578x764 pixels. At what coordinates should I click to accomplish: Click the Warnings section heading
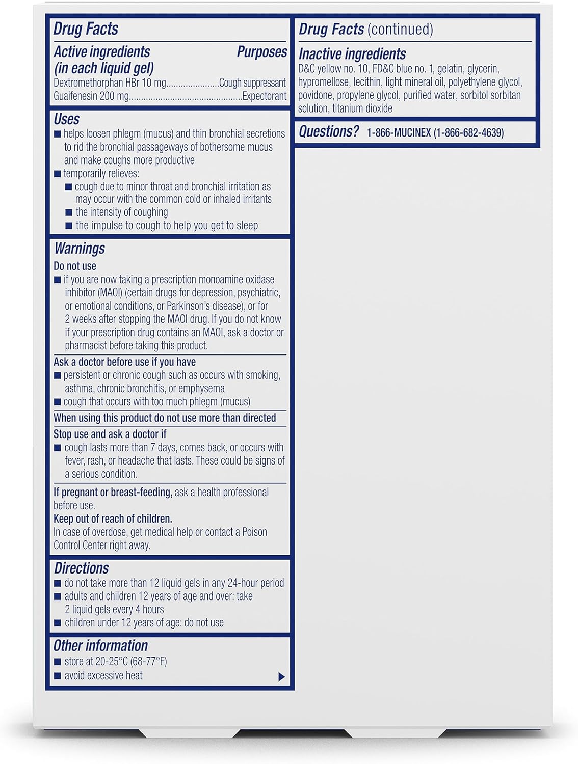click(80, 249)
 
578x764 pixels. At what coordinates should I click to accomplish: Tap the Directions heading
click(81, 568)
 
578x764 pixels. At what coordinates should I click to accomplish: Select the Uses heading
click(67, 119)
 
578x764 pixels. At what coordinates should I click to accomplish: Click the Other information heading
click(100, 646)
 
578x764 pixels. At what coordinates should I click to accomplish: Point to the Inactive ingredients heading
click(352, 54)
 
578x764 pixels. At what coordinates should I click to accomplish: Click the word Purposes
click(262, 52)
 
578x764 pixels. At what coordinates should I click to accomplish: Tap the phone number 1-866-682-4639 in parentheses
click(468, 133)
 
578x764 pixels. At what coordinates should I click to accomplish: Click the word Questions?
click(329, 132)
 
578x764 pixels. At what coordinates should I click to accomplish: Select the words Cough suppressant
click(252, 83)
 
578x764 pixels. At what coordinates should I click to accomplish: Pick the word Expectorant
click(264, 96)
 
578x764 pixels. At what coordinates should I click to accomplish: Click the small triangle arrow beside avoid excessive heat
click(281, 677)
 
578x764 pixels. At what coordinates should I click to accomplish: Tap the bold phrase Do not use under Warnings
click(75, 266)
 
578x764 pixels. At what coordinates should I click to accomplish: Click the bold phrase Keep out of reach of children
click(113, 519)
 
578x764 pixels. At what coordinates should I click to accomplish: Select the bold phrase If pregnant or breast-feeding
click(113, 492)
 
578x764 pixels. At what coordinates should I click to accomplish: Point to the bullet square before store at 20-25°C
click(58, 662)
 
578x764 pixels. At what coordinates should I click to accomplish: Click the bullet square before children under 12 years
click(58, 623)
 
